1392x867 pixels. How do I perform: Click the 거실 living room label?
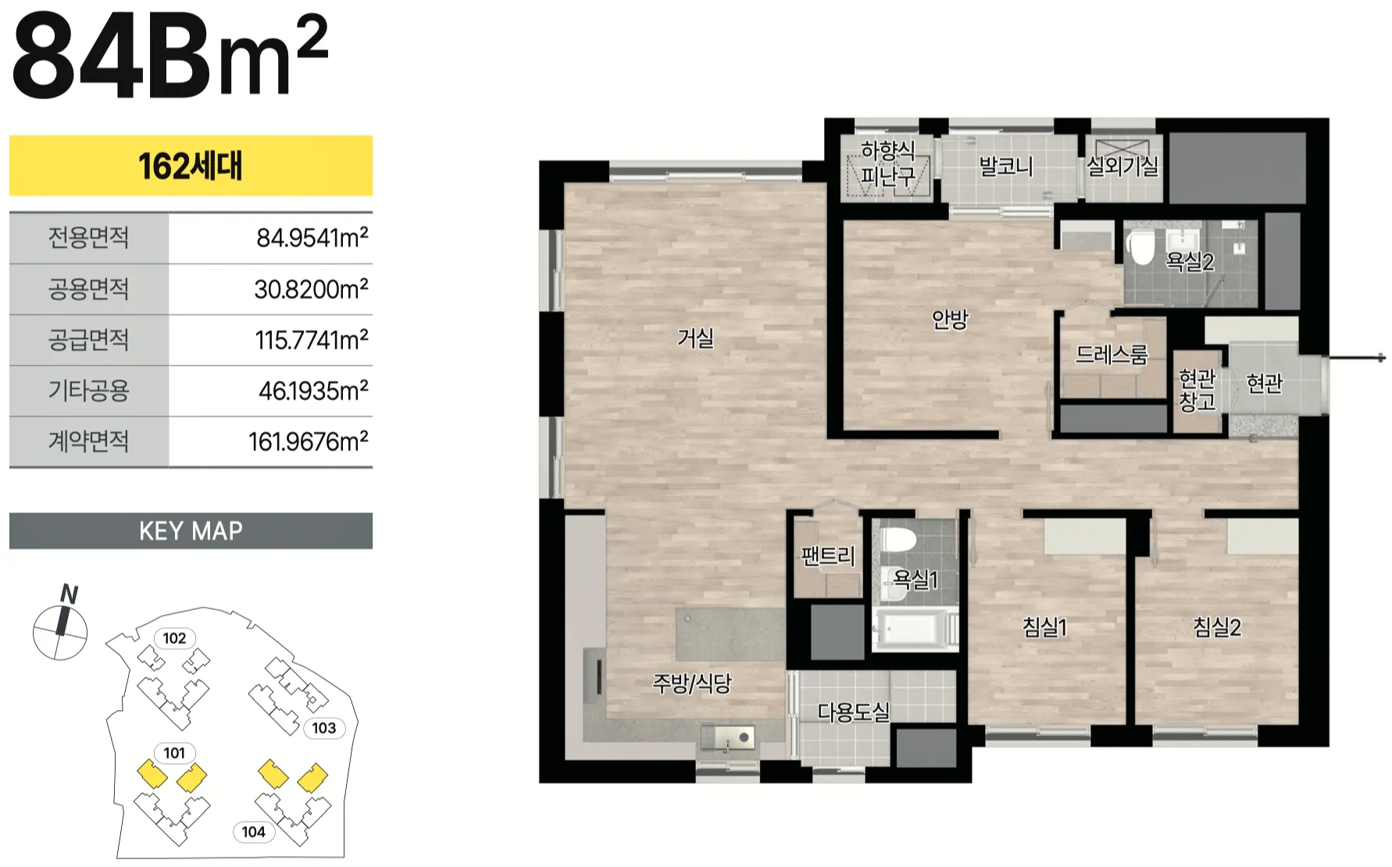(x=695, y=338)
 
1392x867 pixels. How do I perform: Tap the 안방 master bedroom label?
(x=950, y=319)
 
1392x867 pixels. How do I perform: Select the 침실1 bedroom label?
(x=1044, y=626)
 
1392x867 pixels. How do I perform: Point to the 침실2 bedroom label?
(x=1217, y=626)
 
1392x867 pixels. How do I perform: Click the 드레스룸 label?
(x=1112, y=355)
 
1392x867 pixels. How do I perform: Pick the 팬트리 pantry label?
(x=828, y=556)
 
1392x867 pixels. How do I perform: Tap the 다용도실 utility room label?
(x=853, y=712)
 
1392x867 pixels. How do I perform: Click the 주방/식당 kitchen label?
(x=692, y=683)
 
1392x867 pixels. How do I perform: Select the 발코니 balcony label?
(x=1006, y=166)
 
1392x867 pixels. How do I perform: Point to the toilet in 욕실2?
(x=1141, y=247)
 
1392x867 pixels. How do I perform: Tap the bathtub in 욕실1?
(x=913, y=629)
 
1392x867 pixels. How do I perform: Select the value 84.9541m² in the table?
(x=312, y=237)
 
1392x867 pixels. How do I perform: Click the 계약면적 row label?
(x=89, y=441)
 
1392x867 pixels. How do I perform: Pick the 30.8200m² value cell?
(x=311, y=289)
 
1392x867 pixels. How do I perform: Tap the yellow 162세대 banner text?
(x=191, y=166)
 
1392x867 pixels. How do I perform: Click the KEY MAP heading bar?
(x=191, y=531)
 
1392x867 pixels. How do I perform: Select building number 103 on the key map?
(x=324, y=728)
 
